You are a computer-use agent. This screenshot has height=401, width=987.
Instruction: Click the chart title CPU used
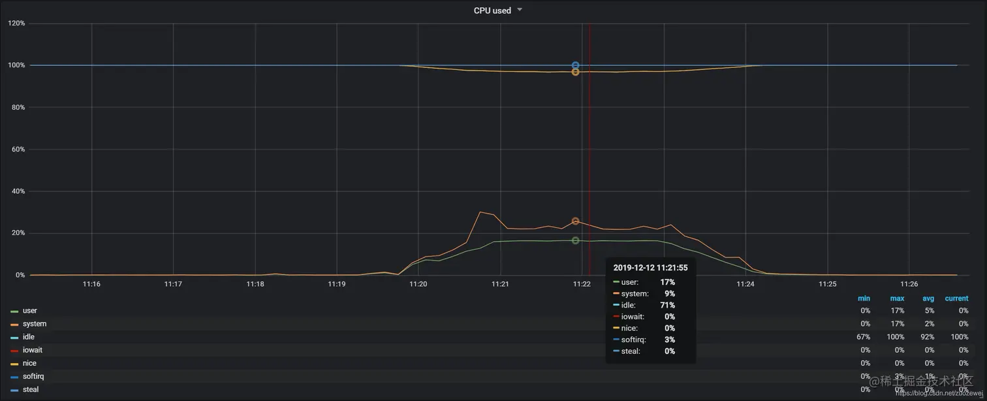click(492, 10)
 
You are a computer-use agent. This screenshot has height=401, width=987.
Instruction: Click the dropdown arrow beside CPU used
click(520, 10)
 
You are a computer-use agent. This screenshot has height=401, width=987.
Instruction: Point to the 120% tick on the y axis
click(16, 24)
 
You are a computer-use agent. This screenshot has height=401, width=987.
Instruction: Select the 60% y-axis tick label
click(16, 150)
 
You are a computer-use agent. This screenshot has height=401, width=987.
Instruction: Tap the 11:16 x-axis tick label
click(91, 284)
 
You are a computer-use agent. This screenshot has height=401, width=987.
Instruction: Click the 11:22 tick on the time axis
click(582, 284)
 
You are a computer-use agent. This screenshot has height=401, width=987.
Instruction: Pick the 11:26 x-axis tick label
click(909, 284)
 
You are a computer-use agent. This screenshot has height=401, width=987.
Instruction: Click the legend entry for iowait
click(32, 350)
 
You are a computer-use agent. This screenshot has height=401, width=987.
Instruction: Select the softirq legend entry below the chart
click(33, 376)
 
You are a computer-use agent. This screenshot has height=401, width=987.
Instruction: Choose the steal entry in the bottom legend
click(31, 389)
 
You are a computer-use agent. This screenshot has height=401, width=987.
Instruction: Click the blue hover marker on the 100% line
click(575, 65)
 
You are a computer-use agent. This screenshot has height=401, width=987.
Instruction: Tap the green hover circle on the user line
click(575, 240)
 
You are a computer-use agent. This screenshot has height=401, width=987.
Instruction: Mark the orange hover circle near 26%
click(575, 221)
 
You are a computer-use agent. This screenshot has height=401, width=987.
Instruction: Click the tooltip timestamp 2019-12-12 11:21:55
click(650, 268)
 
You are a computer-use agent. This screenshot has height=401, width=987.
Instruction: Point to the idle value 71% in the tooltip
click(667, 305)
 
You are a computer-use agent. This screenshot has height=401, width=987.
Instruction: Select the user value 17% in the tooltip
click(667, 282)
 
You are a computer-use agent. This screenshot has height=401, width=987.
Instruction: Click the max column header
click(897, 298)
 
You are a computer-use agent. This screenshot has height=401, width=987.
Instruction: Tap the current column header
click(956, 298)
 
